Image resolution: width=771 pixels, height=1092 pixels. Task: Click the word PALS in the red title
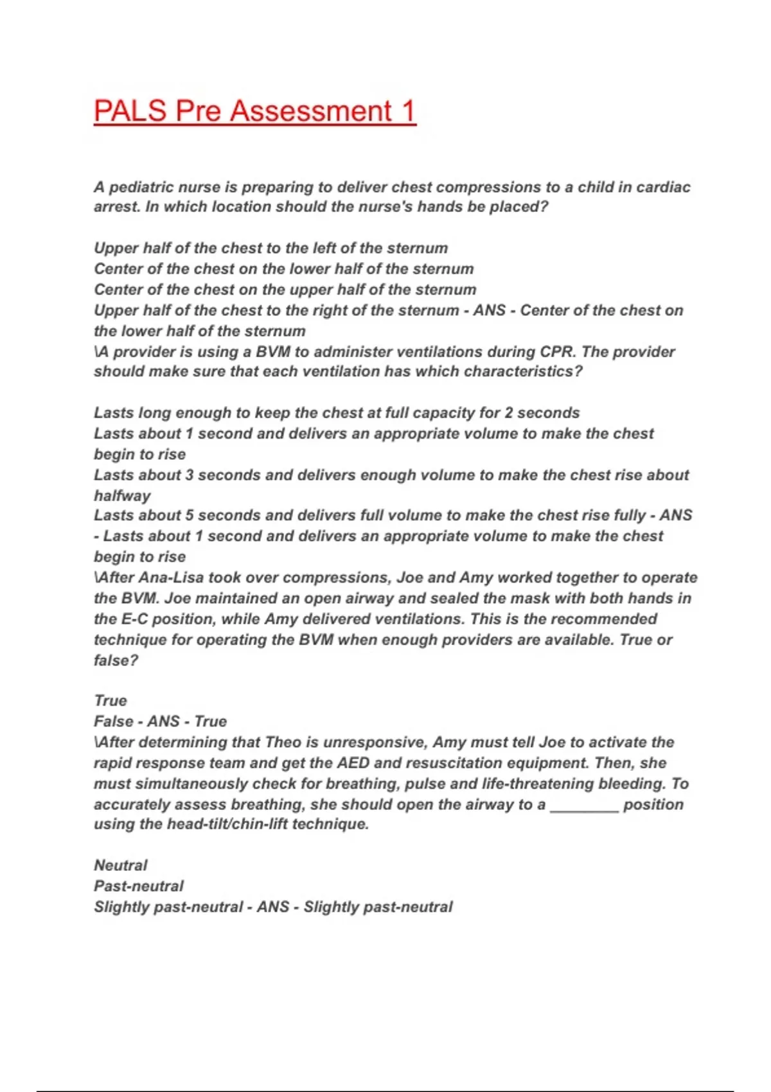tap(130, 111)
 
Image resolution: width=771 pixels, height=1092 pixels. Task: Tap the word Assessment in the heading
tap(311, 111)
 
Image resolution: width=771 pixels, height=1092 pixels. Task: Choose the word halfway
tap(122, 495)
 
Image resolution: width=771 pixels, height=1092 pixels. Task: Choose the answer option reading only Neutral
tap(120, 865)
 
